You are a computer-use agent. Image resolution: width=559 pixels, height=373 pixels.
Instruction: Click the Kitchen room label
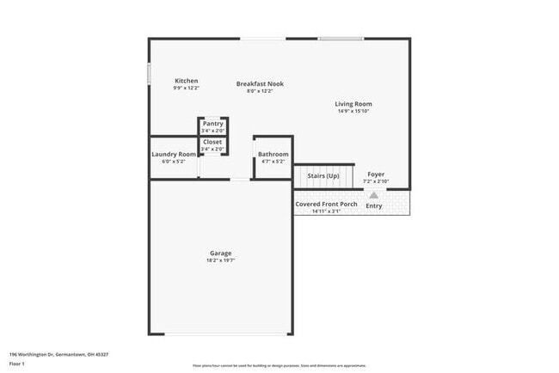pos(187,81)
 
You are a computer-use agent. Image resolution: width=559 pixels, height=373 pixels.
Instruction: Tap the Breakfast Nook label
pos(260,83)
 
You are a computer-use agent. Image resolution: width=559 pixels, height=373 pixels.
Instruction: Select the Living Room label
pos(353,104)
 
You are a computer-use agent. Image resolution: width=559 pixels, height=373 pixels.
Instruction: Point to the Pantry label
pos(212,124)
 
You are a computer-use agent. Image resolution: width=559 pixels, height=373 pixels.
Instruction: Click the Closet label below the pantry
pos(212,142)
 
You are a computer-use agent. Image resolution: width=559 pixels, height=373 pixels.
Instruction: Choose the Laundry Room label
pos(174,154)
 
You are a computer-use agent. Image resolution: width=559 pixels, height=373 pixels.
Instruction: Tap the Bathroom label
pos(273,154)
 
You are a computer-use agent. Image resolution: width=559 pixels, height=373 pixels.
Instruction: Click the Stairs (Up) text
pos(323,175)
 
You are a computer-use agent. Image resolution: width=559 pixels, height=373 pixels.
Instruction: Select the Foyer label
pos(376,174)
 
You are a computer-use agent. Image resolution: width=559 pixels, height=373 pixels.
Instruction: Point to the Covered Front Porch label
pos(326,204)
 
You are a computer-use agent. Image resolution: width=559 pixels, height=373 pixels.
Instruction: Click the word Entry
pos(374,205)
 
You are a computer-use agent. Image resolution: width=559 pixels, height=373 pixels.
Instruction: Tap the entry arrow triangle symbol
pos(373,195)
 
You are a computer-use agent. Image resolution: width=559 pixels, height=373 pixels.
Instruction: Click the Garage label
pos(220,253)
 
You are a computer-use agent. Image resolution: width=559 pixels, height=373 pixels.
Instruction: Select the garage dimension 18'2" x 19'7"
pos(220,260)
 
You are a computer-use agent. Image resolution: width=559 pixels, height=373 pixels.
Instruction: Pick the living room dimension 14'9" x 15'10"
pos(353,111)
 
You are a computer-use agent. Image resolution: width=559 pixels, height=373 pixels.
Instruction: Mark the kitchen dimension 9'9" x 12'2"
pos(187,88)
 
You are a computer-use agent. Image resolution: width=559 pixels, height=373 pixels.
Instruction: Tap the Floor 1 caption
pos(17,364)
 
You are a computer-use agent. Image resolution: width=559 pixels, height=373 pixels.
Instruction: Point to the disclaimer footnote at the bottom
pos(279,365)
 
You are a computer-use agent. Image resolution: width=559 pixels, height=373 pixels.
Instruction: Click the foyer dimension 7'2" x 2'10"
pos(376,181)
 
